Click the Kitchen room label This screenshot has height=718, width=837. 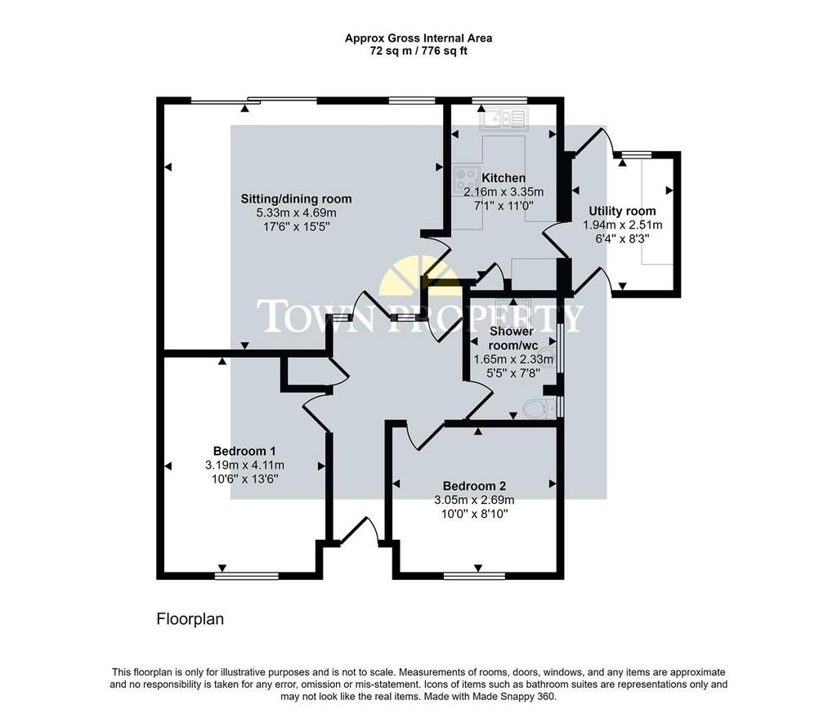coord(504,177)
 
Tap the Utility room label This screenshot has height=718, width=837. coord(622,211)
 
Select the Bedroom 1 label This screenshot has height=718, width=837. coord(244,451)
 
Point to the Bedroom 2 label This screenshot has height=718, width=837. coord(474,486)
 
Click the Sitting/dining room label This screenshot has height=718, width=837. coord(296,199)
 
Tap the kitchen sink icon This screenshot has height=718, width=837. coord(504,118)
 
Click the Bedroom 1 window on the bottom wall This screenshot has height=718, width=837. coord(247,576)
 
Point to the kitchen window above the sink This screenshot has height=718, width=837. coord(499,100)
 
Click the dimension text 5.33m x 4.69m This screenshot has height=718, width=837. coord(296,213)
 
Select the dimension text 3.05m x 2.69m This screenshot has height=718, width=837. coord(474,500)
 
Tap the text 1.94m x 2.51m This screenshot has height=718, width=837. coord(622,225)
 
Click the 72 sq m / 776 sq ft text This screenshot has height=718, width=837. coord(418,51)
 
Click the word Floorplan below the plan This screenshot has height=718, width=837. coord(190,619)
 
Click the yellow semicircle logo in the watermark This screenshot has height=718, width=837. coord(420,274)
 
